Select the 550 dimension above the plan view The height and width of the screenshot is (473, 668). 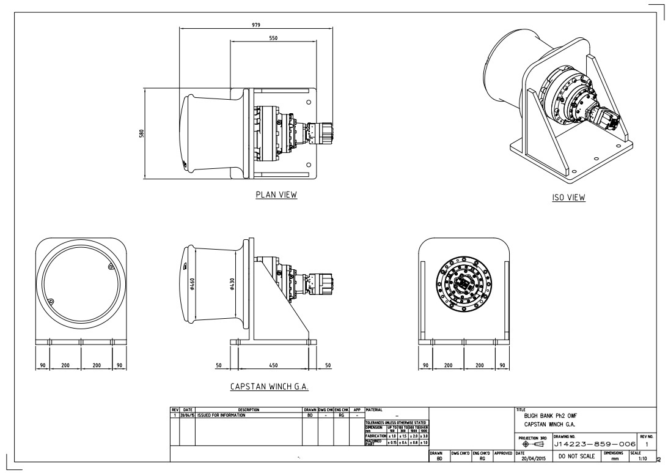tap(273, 38)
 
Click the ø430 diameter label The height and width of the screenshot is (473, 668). tap(232, 284)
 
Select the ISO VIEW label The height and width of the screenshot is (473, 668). tap(568, 197)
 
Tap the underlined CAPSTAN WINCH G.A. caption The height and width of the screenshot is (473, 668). tap(273, 387)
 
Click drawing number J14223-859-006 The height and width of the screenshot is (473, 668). tap(593, 444)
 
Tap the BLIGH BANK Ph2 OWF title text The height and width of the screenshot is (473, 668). tap(550, 415)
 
